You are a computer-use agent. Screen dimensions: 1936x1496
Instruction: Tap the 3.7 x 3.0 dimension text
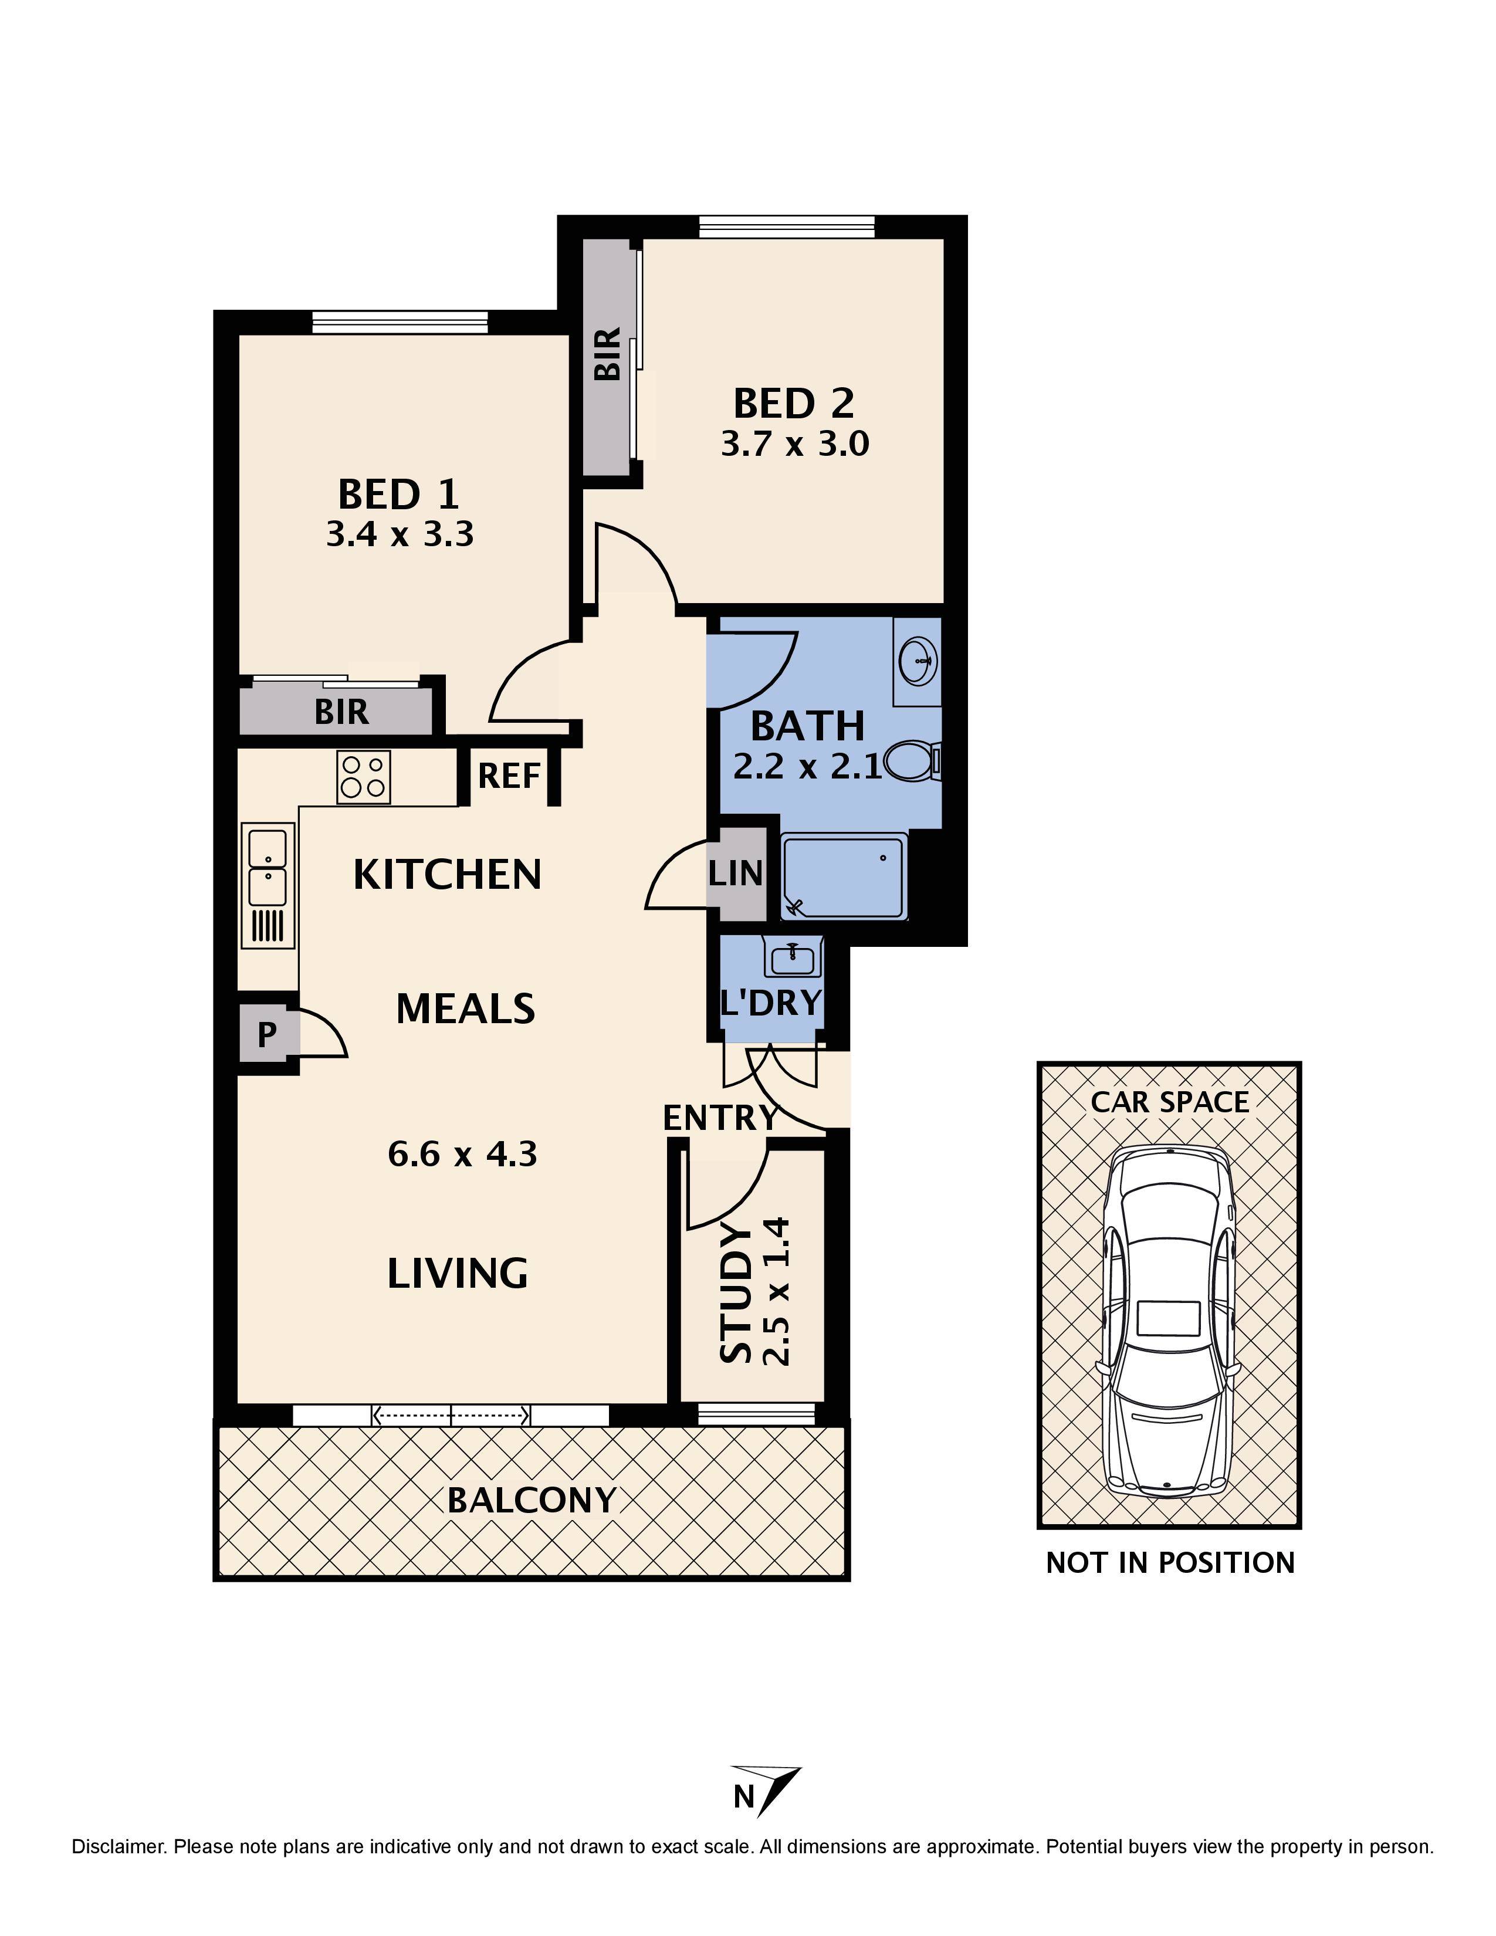click(x=794, y=443)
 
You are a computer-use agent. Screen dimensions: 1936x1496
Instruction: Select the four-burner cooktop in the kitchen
click(x=363, y=777)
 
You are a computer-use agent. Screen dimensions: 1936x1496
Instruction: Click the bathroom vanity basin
click(x=918, y=661)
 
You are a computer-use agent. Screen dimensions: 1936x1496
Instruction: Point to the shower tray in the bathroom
click(x=844, y=878)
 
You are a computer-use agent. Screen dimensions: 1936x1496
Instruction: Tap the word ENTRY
click(x=720, y=1119)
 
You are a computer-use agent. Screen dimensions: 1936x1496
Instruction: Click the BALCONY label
click(x=531, y=1501)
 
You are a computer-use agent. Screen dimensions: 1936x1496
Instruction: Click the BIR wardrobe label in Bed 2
click(x=608, y=354)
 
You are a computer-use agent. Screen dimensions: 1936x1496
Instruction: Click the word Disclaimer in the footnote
click(x=118, y=1847)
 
